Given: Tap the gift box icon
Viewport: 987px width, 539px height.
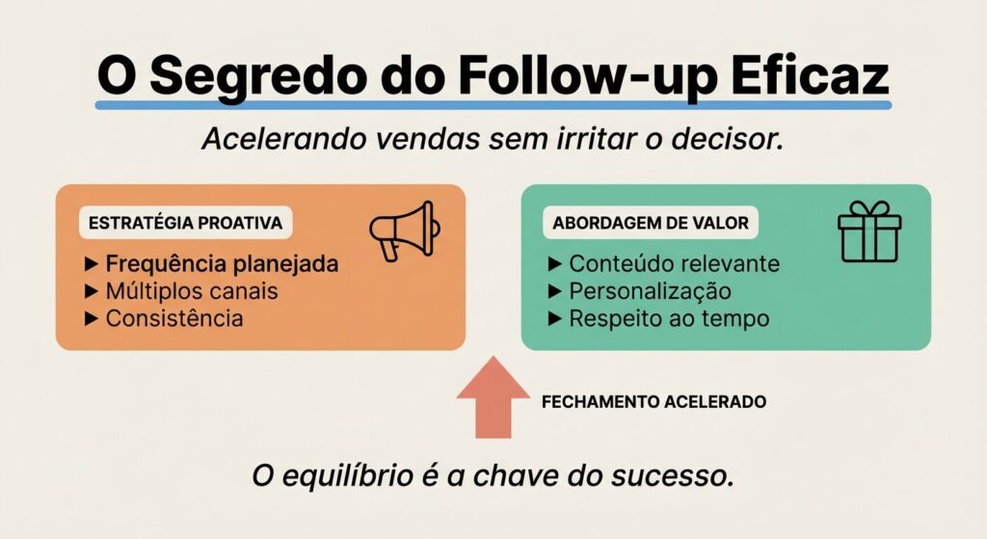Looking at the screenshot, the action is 868,232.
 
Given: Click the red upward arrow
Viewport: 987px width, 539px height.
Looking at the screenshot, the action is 493,396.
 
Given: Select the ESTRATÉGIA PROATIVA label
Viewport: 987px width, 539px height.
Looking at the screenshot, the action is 185,223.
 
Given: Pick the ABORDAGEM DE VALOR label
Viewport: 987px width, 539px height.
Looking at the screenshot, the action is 650,223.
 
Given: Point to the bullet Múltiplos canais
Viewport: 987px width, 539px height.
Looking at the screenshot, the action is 192,291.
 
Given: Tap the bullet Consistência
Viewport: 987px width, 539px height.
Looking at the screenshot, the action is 174,318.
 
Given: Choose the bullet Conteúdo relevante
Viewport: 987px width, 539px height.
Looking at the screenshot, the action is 674,264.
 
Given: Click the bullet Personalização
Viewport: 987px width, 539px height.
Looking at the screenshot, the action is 650,291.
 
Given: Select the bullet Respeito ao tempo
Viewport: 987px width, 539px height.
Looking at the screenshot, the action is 669,318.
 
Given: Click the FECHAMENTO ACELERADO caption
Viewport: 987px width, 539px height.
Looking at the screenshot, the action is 655,401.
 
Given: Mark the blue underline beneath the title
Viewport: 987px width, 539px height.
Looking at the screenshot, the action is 493,103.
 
